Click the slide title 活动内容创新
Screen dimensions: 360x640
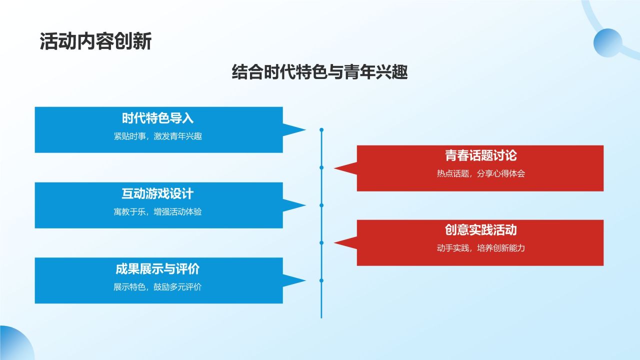click(95, 42)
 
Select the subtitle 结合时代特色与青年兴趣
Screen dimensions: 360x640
click(320, 72)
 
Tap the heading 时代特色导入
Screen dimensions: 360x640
click(157, 118)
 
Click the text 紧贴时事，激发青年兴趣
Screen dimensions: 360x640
click(157, 136)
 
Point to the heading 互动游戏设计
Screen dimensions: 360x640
click(157, 194)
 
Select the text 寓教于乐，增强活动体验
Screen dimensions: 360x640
click(157, 211)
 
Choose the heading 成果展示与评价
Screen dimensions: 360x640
click(157, 269)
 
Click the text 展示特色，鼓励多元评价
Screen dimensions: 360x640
click(157, 287)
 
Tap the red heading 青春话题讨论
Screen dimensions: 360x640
click(480, 156)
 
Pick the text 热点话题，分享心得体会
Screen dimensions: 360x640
click(480, 174)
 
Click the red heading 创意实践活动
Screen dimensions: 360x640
click(480, 230)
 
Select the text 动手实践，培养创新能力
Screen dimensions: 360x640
click(480, 248)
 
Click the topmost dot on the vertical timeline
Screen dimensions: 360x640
click(321, 130)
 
